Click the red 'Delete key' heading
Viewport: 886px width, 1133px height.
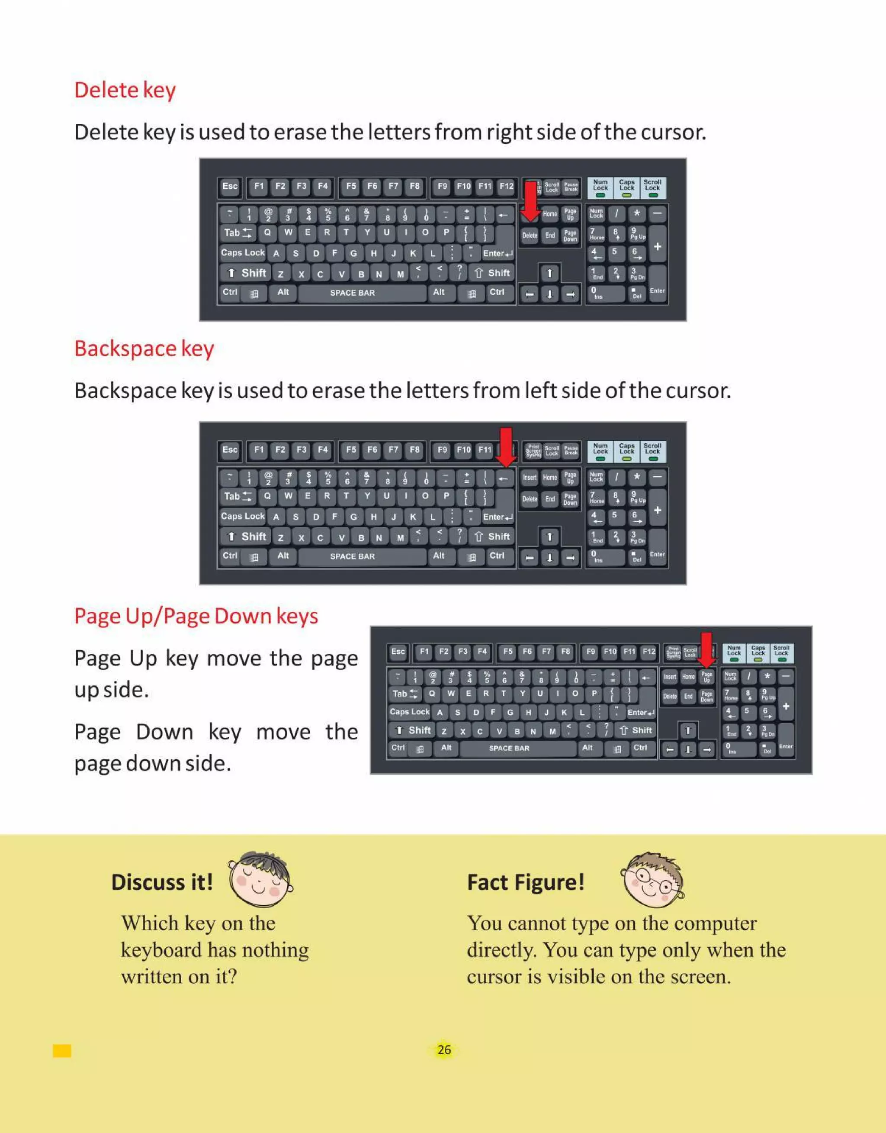125,90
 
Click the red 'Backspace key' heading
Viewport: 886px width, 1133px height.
144,349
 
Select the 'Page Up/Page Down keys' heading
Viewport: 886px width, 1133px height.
196,617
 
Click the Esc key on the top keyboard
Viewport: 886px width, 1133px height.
230,186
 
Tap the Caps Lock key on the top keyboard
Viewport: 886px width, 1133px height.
243,253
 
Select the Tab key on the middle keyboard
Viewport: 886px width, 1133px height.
237,496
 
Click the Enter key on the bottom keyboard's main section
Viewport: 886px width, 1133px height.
640,713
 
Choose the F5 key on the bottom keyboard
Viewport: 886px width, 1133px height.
508,652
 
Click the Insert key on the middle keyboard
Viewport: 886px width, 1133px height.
530,478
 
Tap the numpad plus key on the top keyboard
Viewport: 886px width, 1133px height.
657,247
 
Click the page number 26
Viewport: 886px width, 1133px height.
444,1050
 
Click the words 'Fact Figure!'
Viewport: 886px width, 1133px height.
526,882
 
